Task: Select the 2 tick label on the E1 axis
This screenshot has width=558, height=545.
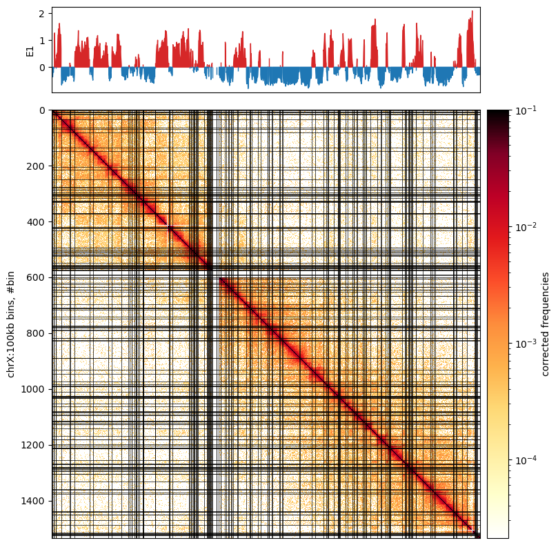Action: pyautogui.click(x=42, y=14)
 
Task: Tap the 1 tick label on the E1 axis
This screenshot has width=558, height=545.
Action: pyautogui.click(x=42, y=41)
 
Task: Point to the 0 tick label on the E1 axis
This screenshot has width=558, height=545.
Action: pyautogui.click(x=42, y=68)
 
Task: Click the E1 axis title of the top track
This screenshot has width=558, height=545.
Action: pyautogui.click(x=30, y=50)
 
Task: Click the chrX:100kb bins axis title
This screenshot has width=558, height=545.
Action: pyautogui.click(x=11, y=324)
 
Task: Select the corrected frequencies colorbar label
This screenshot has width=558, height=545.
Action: pyautogui.click(x=546, y=324)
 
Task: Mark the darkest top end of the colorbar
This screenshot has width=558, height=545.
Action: pyautogui.click(x=497, y=112)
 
